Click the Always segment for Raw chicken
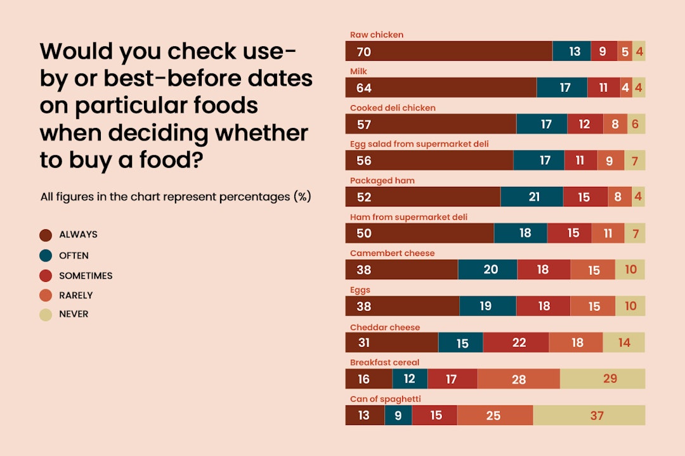point(448,51)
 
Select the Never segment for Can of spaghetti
point(589,415)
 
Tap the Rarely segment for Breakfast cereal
point(518,379)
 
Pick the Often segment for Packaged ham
point(532,197)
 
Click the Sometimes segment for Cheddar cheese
point(516,343)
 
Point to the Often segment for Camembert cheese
point(487,270)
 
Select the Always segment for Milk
point(441,87)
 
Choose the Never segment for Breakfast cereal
point(603,379)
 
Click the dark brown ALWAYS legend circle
point(46,236)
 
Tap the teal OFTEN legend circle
point(46,256)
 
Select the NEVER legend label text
point(74,314)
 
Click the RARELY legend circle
point(46,296)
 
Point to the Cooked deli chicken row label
point(393,108)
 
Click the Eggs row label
point(360,290)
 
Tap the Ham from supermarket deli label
point(408,217)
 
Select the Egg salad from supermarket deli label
point(419,144)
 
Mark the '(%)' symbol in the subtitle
point(302,197)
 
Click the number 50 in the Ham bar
point(364,234)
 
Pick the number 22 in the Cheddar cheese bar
point(519,343)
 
